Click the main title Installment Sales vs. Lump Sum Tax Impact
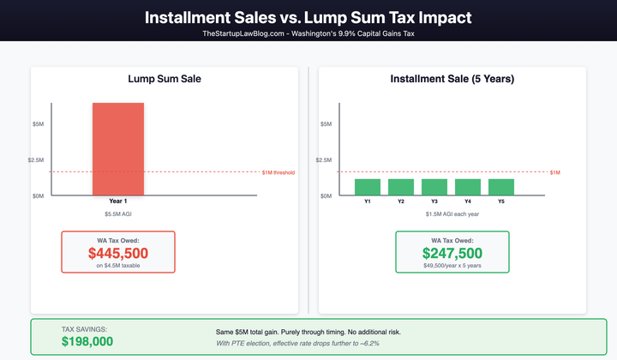click(x=308, y=17)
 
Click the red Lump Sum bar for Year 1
click(x=118, y=149)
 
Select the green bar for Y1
click(x=367, y=187)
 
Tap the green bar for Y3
click(x=434, y=187)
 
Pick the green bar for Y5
click(x=500, y=187)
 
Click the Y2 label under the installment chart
click(x=400, y=201)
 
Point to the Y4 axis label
click(x=467, y=201)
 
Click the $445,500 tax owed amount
click(x=118, y=254)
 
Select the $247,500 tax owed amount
click(x=452, y=254)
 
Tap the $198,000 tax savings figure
click(x=87, y=341)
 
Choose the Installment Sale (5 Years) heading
click(x=452, y=79)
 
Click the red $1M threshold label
click(x=278, y=172)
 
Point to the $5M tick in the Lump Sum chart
click(x=38, y=124)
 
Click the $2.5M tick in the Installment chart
click(x=324, y=160)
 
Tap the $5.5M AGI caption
click(x=118, y=213)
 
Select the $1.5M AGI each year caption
click(x=452, y=213)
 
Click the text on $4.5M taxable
click(x=118, y=267)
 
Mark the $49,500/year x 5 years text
click(x=452, y=267)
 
